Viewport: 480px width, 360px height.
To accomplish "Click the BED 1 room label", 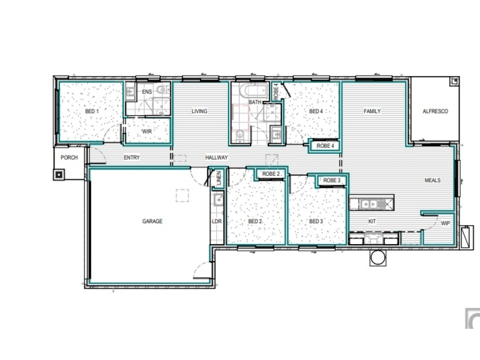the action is coord(92,111).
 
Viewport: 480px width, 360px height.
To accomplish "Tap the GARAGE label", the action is coord(152,221).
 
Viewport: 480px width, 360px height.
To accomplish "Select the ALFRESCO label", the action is coord(435,111).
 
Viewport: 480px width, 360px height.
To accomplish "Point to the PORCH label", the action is coord(69,157).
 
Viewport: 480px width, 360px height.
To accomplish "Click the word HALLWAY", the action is coord(217,157).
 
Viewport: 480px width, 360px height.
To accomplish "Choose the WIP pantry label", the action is coord(445,223).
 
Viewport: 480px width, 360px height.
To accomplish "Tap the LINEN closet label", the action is coord(218,178).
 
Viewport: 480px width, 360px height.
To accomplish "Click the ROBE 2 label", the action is coord(271,174).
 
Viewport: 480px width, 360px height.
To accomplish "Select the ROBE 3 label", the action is coord(332,181).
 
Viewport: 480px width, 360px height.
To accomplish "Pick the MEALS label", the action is coord(433,181).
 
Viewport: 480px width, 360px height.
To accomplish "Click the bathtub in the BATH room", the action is coord(253,91).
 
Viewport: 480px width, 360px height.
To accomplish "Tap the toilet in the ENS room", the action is coord(161,90).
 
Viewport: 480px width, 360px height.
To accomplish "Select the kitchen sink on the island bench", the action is coord(370,203).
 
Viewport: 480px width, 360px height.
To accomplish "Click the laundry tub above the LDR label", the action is coord(218,200).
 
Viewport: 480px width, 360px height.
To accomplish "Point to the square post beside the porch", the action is coord(59,175).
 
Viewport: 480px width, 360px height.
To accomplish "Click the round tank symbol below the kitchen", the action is coord(377,258).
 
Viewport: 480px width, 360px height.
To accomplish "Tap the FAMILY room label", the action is coord(372,111).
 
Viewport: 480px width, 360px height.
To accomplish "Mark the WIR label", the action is coord(147,131).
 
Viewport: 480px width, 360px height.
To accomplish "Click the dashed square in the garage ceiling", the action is coord(182,196).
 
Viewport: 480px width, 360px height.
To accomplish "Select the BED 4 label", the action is coord(316,111).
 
